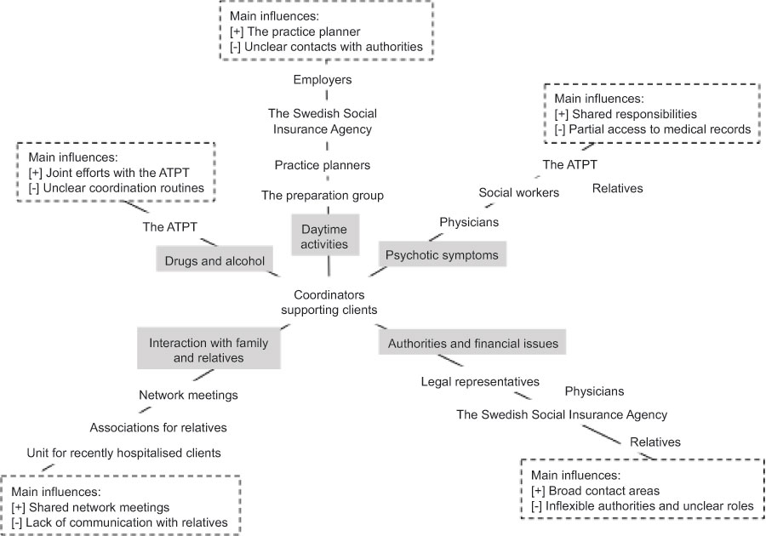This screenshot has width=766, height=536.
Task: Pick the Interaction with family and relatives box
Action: [209, 351]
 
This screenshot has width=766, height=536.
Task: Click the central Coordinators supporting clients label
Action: [329, 302]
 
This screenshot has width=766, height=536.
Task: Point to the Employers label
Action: [323, 80]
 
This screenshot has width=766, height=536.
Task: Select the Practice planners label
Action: [322, 164]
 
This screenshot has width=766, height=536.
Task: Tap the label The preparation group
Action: [322, 195]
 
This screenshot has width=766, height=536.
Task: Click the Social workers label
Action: [518, 192]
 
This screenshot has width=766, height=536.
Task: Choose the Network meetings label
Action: [188, 395]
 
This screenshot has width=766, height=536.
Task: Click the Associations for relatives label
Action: [157, 426]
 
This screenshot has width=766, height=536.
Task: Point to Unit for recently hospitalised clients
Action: [124, 453]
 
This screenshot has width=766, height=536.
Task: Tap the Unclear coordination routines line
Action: [117, 188]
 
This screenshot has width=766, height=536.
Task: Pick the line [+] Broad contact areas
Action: [596, 490]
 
